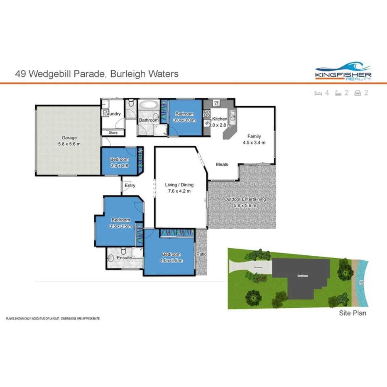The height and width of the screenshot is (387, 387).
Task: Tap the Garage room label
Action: click(69, 138)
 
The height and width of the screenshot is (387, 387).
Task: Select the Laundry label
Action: click(112, 114)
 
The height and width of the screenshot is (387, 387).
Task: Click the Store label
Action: click(113, 133)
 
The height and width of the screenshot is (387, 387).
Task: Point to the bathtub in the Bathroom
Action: click(148, 105)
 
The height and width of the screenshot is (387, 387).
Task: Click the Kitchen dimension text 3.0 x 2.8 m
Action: click(219, 125)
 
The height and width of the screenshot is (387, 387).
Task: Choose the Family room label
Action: click(254, 136)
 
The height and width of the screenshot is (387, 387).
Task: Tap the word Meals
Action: click(222, 164)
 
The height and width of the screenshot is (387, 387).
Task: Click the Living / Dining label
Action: click(179, 185)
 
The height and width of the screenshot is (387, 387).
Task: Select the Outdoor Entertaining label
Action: click(245, 199)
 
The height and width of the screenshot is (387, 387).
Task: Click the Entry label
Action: click(130, 186)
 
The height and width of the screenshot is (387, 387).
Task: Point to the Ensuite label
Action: click(124, 258)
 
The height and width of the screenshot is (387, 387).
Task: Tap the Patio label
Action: click(201, 255)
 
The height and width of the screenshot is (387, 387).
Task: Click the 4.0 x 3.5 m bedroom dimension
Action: click(171, 260)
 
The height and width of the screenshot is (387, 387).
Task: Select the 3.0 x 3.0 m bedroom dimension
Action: click(184, 120)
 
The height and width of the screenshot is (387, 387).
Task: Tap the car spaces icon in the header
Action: click(357, 93)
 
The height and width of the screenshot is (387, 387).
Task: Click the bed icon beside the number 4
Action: click(318, 93)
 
